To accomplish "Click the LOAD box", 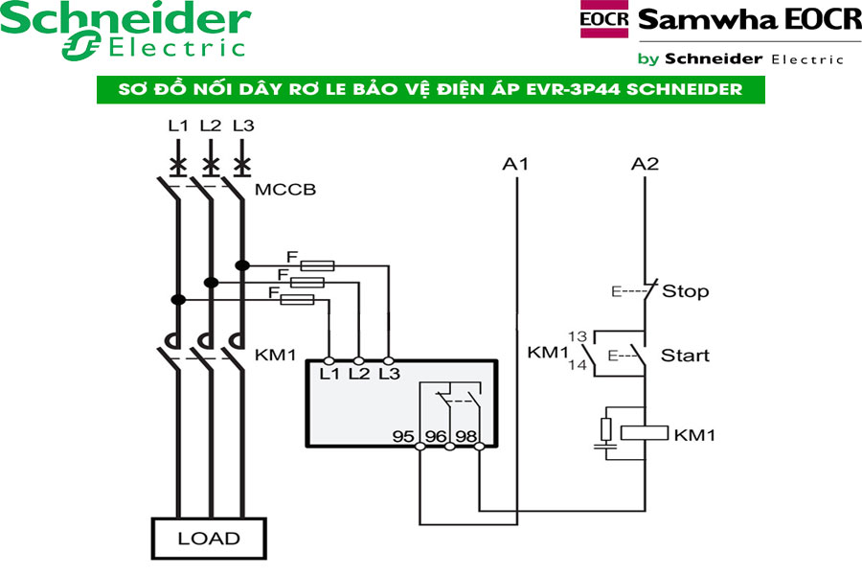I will point(208,539).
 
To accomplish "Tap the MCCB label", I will point(285,190).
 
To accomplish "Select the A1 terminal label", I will point(516,164).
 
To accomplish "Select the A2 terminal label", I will point(646,164).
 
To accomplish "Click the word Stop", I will point(686,290).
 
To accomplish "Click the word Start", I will point(686,355).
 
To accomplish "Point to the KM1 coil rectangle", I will point(645,432).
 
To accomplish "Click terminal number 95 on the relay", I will point(404,436).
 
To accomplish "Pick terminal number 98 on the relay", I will point(467,436).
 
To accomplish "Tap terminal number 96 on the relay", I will point(436,436).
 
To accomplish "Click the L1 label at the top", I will point(178,126).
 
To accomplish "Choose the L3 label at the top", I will point(243,126).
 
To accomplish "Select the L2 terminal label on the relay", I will point(359,374).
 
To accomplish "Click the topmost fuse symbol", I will point(317,265).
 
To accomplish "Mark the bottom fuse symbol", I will point(298,300).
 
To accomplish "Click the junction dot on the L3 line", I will point(242,265).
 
